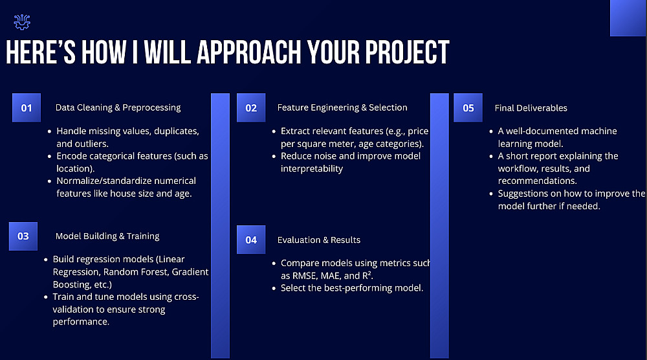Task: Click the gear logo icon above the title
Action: tap(22, 22)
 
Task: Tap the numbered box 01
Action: tap(27, 107)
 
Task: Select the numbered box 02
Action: tap(251, 107)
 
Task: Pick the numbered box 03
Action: tap(23, 236)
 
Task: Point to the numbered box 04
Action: tap(251, 240)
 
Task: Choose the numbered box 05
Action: tap(468, 107)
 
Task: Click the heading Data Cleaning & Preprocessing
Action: tap(118, 107)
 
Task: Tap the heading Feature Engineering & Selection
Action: tap(342, 107)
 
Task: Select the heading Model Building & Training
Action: tap(107, 236)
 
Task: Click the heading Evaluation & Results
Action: tap(318, 240)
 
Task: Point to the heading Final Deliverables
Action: tap(531, 107)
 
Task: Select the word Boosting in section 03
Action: tap(72, 284)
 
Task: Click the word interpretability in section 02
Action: tap(312, 168)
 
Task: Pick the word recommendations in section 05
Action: tap(537, 181)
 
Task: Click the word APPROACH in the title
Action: tap(249, 53)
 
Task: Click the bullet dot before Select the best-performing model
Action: tap(274, 288)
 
